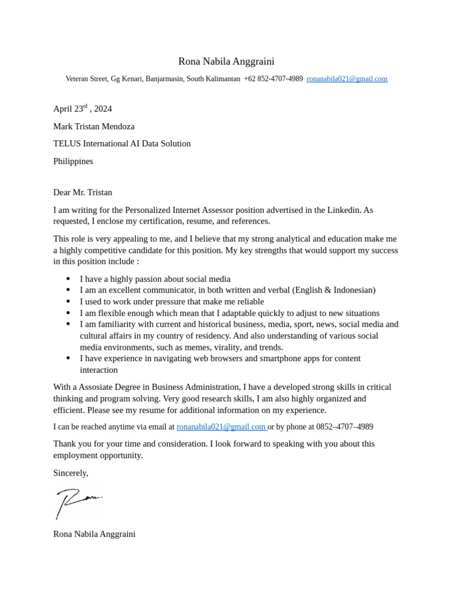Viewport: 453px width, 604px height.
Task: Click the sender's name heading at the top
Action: pos(226,61)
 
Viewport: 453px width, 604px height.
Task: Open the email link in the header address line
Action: pos(347,78)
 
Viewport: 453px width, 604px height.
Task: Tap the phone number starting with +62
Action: pos(273,78)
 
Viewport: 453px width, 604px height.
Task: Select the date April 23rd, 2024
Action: pos(82,109)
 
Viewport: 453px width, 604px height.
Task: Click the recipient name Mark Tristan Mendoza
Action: pos(94,126)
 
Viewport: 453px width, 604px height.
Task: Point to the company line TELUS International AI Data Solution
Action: pos(122,143)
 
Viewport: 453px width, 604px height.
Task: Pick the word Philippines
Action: pos(73,161)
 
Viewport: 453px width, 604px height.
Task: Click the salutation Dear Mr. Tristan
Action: pos(83,192)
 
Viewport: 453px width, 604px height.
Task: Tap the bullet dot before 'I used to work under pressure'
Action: pos(68,301)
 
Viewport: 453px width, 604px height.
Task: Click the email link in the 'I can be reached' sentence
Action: pos(221,427)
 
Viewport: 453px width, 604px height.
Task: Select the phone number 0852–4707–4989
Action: pos(344,427)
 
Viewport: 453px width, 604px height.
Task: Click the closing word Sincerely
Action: pos(70,473)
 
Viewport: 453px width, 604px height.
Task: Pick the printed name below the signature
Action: pos(94,534)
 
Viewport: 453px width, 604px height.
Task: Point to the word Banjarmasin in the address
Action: pos(164,78)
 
